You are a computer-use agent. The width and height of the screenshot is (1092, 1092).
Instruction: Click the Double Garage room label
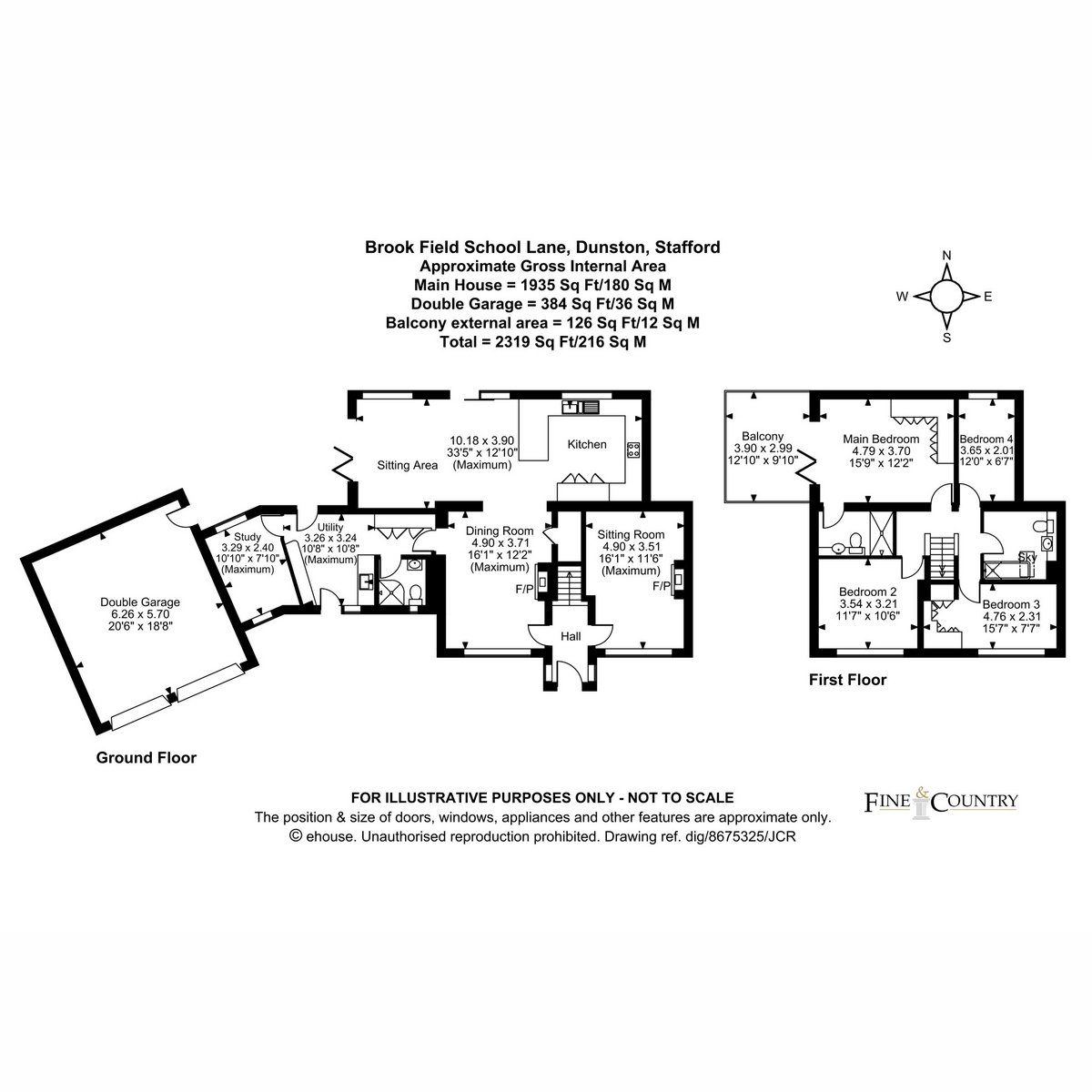[x=140, y=602]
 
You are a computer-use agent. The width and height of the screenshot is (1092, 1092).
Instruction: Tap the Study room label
[x=248, y=537]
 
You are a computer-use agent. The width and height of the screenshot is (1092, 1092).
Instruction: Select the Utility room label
[x=330, y=527]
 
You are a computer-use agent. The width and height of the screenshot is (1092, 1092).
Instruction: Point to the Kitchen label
[x=587, y=444]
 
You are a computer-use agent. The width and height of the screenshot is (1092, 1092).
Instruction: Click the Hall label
[x=571, y=636]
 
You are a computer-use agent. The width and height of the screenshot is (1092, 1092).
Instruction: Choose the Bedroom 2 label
[x=868, y=591]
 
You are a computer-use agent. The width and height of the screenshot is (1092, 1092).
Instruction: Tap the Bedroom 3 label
[x=1012, y=604]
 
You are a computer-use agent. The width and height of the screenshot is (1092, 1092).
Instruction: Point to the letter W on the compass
[x=902, y=297]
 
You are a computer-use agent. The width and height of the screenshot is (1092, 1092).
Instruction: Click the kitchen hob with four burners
[x=633, y=450]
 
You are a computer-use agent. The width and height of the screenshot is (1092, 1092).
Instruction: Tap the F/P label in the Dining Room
[x=524, y=589]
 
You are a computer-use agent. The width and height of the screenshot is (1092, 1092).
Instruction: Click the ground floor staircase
[x=570, y=582]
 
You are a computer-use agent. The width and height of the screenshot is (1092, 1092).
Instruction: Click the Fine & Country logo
[x=941, y=803]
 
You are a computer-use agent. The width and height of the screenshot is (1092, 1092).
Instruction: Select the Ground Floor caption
[x=147, y=758]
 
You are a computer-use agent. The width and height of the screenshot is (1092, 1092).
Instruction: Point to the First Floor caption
[x=847, y=680]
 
